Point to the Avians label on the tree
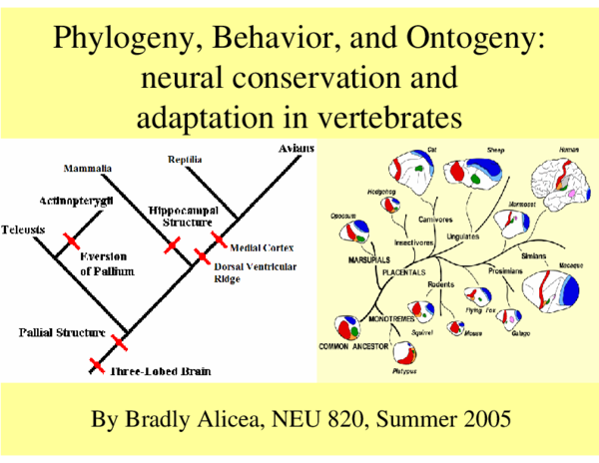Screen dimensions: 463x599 tap(296, 149)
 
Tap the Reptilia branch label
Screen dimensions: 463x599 tap(187, 159)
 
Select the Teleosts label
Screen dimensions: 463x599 tap(23, 229)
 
